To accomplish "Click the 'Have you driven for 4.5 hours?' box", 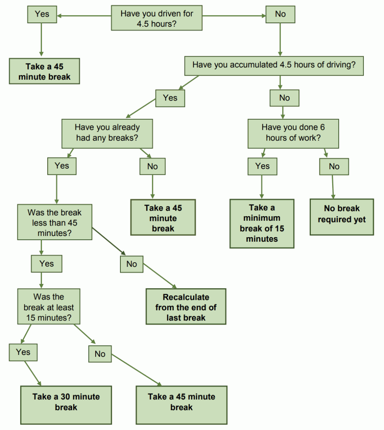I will click(157, 18).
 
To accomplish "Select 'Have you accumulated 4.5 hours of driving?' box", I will click(274, 65).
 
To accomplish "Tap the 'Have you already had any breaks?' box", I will click(107, 132).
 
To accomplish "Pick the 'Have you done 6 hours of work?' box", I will click(293, 132).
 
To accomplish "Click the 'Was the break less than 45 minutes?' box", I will click(55, 222).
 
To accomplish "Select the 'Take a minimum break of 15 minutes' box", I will click(262, 224).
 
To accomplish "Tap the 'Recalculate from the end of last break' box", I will click(186, 307).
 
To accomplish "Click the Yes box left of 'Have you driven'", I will click(42, 14).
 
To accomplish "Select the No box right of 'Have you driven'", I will click(280, 14).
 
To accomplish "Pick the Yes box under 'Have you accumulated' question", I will click(170, 98).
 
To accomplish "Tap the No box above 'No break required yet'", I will click(334, 167).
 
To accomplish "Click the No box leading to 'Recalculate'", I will click(132, 264).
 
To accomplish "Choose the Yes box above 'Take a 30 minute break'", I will click(23, 352).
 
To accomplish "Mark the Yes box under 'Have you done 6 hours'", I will click(262, 166).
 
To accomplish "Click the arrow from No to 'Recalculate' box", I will click(160, 276).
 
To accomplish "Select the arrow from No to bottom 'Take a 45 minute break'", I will click(135, 370).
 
